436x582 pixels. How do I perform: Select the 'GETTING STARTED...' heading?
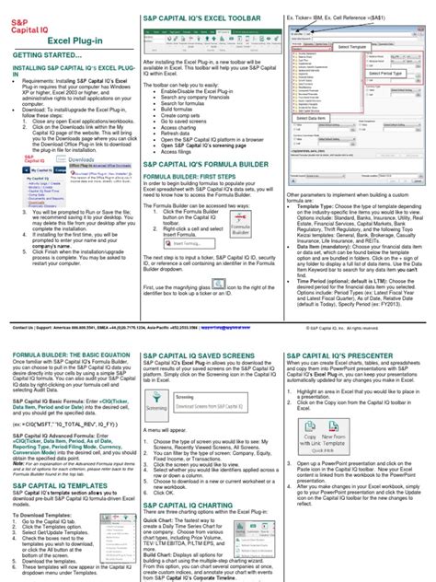click(x=40, y=57)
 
